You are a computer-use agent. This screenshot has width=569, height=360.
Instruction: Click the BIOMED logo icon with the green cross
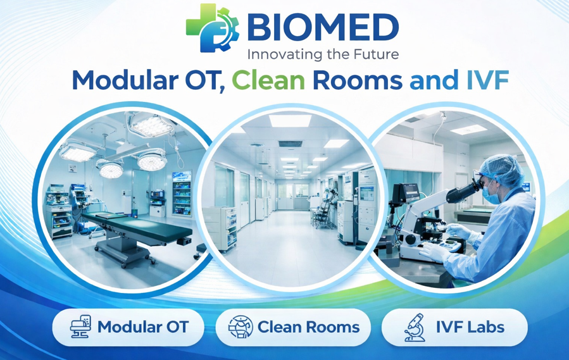tap(213, 28)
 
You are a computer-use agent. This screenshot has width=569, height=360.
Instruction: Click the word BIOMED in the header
tap(323, 28)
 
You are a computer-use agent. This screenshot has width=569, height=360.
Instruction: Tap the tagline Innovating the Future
tap(323, 54)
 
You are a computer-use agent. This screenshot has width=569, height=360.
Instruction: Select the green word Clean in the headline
tap(268, 80)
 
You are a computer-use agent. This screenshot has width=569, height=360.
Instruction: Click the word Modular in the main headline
tap(125, 80)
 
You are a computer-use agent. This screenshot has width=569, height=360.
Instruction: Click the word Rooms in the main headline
tap(358, 80)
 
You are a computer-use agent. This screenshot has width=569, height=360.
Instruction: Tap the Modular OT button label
tap(143, 327)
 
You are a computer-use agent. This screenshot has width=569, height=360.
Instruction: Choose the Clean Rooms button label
tap(308, 327)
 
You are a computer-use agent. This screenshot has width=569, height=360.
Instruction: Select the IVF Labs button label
tap(470, 327)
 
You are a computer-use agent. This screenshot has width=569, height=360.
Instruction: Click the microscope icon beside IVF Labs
tap(415, 327)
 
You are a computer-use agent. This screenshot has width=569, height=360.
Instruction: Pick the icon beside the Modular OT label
tap(80, 326)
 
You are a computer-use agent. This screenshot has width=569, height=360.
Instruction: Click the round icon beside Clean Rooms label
tap(241, 327)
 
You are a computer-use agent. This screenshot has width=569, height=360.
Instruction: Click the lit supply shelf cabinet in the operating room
tap(182, 194)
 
